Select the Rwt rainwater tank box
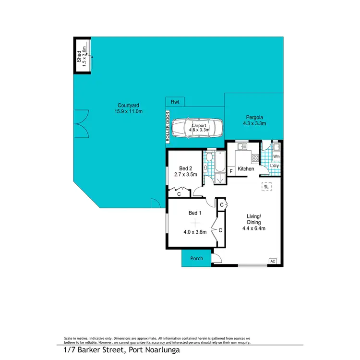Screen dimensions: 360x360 tap(175, 102)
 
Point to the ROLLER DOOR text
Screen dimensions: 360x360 tap(168, 127)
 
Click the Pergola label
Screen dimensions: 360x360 tap(254, 117)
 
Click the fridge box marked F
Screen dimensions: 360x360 tap(231, 171)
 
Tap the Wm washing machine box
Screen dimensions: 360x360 tap(276, 156)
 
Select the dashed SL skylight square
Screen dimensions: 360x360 tap(266, 187)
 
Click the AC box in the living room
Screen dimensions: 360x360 tap(273, 261)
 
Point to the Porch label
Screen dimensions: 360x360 tap(197, 258)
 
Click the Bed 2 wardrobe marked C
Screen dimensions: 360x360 tap(179, 194)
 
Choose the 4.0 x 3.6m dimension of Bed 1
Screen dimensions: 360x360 tap(195, 232)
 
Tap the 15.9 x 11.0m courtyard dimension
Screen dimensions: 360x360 tap(129, 111)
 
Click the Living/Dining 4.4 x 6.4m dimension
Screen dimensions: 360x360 tap(253, 228)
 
